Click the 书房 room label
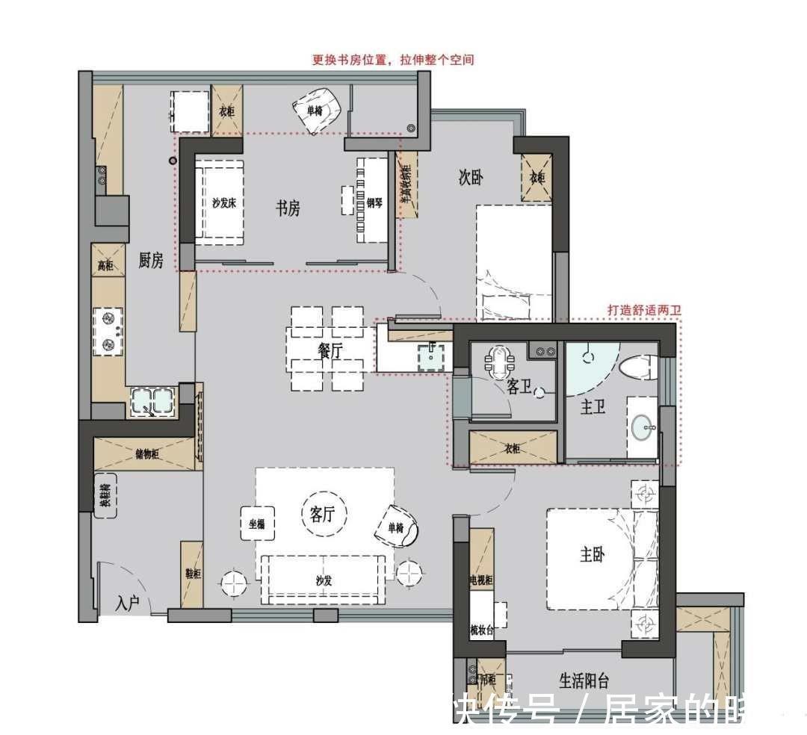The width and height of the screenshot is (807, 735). click(288, 208)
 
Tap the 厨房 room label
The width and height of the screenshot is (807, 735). click(150, 260)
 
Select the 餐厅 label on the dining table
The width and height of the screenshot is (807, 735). click(330, 350)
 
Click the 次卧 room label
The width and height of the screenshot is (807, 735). click(471, 178)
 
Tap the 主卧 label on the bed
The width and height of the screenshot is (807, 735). click(592, 554)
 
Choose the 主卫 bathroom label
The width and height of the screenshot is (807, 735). click(593, 408)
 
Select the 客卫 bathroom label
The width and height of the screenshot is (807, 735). click(518, 387)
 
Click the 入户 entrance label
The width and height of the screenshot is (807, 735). click(128, 604)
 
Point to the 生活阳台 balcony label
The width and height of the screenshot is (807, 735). click(584, 680)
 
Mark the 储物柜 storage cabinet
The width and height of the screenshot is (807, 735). click(146, 453)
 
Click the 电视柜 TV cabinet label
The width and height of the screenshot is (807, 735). click(481, 580)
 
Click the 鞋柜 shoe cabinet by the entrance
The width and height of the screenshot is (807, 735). click(192, 574)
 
